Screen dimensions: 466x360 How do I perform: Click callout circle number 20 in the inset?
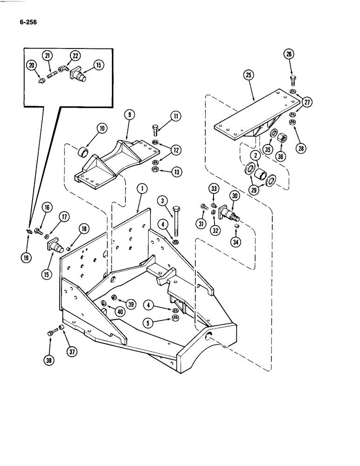pyautogui.click(x=31, y=66)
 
